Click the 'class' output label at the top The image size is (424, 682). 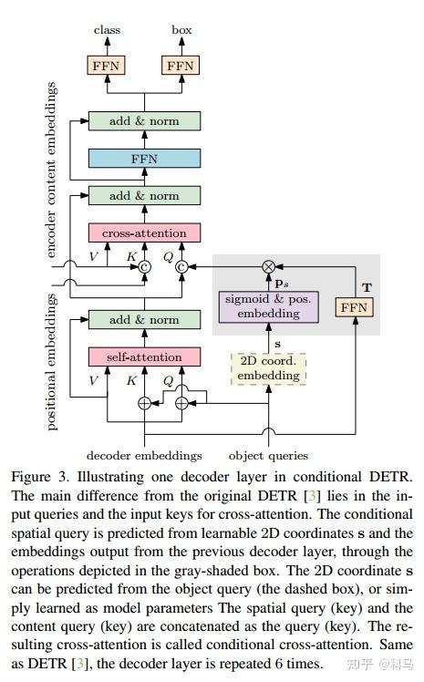click(107, 31)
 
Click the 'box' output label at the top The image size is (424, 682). click(181, 31)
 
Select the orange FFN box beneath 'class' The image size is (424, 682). click(107, 66)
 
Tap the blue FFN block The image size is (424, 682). click(144, 159)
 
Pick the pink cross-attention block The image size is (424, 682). click(144, 232)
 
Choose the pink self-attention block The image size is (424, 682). click(144, 356)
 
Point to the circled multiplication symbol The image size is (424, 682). click(268, 266)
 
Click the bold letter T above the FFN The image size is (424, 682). click(366, 285)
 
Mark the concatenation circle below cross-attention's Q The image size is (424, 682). click(181, 266)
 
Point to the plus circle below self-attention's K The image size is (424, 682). click(144, 402)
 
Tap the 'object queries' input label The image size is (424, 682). click(268, 454)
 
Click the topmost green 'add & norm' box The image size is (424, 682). click(144, 121)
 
